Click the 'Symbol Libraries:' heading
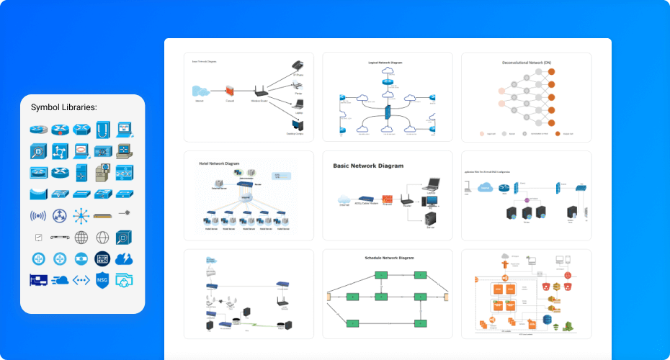(x=64, y=107)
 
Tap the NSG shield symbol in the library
(x=103, y=280)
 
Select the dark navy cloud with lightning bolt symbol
(x=125, y=258)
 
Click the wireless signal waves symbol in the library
(x=38, y=215)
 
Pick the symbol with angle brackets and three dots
(x=81, y=280)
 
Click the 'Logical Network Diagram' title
(x=386, y=63)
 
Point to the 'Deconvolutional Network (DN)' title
(x=526, y=63)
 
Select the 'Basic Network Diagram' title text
(x=368, y=166)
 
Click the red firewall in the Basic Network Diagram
(x=386, y=199)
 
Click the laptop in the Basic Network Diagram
(x=434, y=184)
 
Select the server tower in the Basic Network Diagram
(x=432, y=219)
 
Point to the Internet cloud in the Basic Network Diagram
(x=343, y=199)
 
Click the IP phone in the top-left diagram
(x=298, y=67)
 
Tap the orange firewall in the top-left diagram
(x=230, y=91)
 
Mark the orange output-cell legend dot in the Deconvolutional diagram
(x=558, y=134)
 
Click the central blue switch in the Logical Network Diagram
(x=388, y=112)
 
